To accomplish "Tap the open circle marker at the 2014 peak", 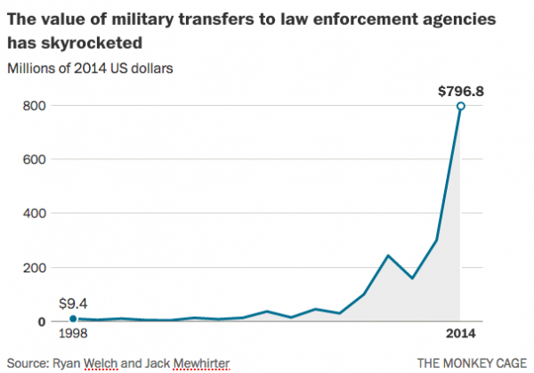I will pyautogui.click(x=461, y=106).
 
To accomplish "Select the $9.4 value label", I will pyautogui.click(x=72, y=304).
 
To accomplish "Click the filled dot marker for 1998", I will pyautogui.click(x=72, y=318).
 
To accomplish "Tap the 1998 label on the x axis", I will pyautogui.click(x=72, y=335).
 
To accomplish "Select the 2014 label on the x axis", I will pyautogui.click(x=460, y=335).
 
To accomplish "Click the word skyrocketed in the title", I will pyautogui.click(x=98, y=42).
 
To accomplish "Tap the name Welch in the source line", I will pyautogui.click(x=109, y=362).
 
